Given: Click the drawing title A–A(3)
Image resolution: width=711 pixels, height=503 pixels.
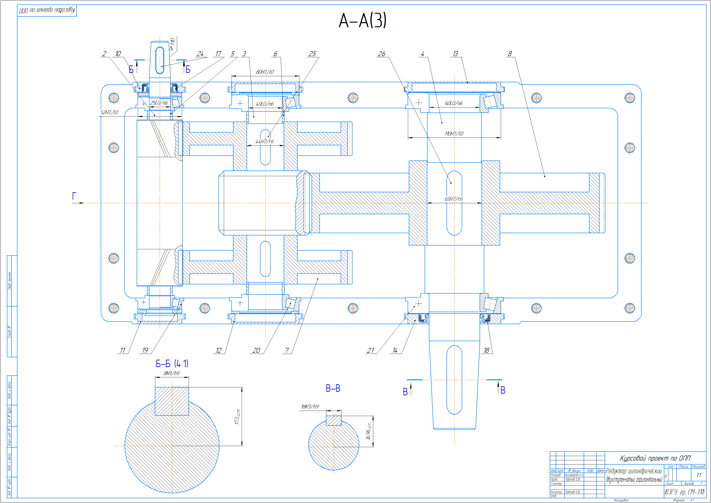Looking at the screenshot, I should (x=362, y=20).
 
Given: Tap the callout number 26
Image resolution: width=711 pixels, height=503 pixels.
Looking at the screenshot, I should (x=382, y=54).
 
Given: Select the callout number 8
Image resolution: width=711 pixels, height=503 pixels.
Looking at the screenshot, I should (x=510, y=54).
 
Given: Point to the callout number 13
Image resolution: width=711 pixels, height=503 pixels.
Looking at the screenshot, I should (x=455, y=54).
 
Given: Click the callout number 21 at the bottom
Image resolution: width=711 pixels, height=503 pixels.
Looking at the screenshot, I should (x=370, y=351).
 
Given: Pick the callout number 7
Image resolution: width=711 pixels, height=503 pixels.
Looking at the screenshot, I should (x=287, y=351).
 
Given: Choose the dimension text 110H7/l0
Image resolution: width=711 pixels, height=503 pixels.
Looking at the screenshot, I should (x=454, y=134).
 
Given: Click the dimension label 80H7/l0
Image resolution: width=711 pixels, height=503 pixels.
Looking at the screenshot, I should (x=265, y=72).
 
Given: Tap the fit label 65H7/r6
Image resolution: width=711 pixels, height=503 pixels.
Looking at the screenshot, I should (x=454, y=199).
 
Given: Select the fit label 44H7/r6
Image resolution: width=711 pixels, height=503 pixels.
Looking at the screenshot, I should (x=264, y=142).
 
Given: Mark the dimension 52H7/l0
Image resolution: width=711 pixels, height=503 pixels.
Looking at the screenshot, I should (x=109, y=112).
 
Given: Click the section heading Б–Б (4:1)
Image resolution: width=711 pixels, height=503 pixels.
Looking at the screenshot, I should (x=172, y=364).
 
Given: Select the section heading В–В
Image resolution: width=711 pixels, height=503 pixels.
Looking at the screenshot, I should (x=333, y=388).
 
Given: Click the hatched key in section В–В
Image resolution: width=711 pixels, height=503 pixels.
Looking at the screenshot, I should (x=333, y=421).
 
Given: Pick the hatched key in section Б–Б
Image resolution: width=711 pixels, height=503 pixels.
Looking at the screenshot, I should (x=172, y=401).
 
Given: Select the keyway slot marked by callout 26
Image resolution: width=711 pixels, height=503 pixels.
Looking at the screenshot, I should (x=454, y=203).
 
